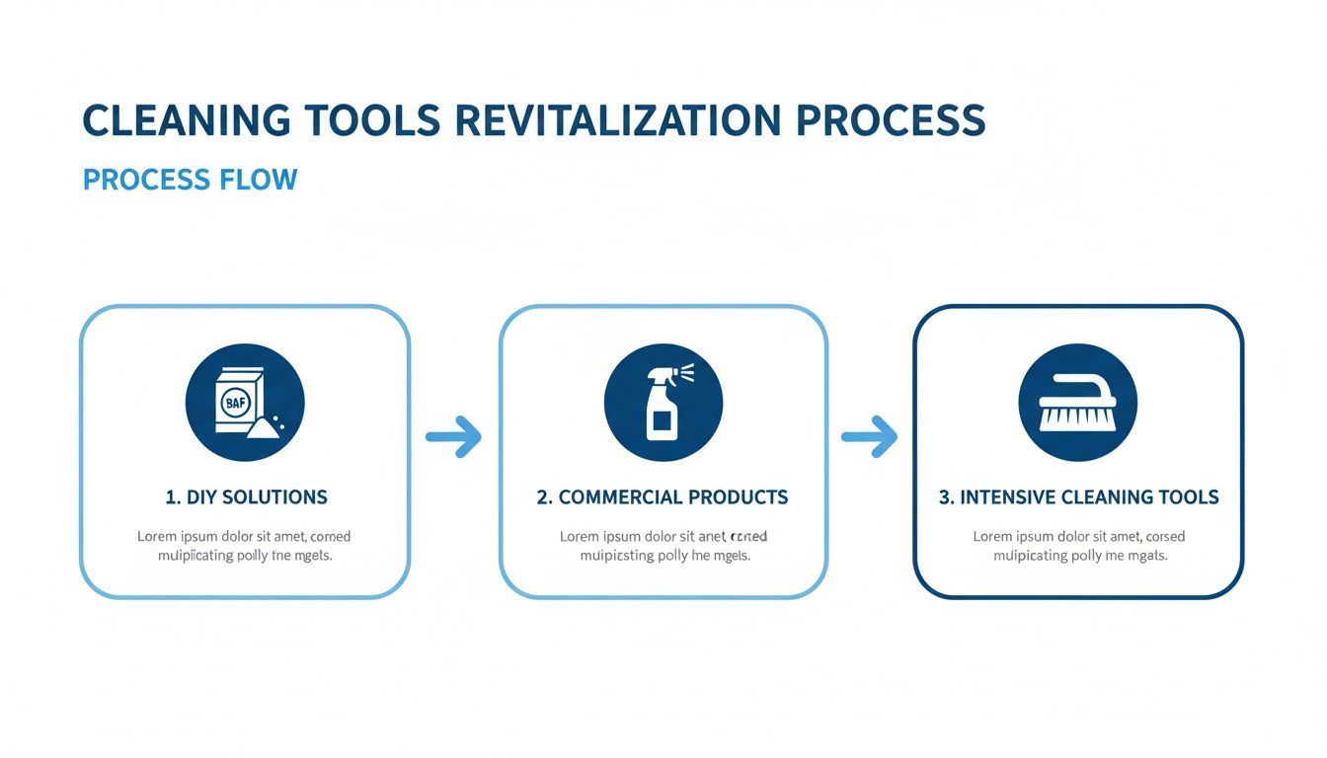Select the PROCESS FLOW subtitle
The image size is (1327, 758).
pyautogui.click(x=190, y=180)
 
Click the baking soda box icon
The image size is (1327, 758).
pyautogui.click(x=245, y=403)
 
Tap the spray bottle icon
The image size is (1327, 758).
pyautogui.click(x=663, y=403)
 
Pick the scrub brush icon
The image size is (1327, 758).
pyautogui.click(x=1077, y=403)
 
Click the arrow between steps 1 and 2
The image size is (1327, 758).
pyautogui.click(x=453, y=436)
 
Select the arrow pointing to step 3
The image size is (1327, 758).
pyautogui.click(x=869, y=436)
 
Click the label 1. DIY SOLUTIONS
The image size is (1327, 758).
pyautogui.click(x=246, y=496)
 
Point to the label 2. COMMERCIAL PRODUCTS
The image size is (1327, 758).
pyautogui.click(x=663, y=496)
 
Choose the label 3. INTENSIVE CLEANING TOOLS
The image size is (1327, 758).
pyautogui.click(x=1078, y=496)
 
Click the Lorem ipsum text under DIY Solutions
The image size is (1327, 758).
pyautogui.click(x=244, y=546)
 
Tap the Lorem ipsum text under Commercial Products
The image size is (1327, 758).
pyautogui.click(x=663, y=546)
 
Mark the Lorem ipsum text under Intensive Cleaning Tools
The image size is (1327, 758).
pyautogui.click(x=1079, y=546)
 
